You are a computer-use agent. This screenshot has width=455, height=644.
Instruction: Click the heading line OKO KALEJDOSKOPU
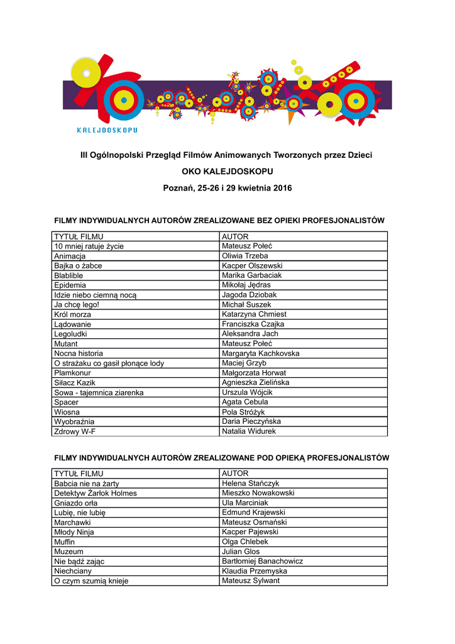(x=227, y=171)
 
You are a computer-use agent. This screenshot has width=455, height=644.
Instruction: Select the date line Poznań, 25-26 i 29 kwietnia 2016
(x=227, y=188)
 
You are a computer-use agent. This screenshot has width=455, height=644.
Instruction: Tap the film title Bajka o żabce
(x=78, y=266)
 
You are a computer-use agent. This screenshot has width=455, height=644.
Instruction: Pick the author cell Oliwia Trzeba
(x=245, y=256)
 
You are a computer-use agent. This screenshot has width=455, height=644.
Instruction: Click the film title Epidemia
(x=70, y=286)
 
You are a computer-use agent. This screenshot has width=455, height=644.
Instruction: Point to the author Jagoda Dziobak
(x=249, y=295)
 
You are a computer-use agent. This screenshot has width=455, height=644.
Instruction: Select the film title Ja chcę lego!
(x=77, y=305)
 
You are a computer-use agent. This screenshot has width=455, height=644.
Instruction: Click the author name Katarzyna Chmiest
(x=255, y=314)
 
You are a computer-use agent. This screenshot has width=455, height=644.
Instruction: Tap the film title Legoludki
(x=71, y=334)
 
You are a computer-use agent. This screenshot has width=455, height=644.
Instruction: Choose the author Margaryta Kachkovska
(x=261, y=353)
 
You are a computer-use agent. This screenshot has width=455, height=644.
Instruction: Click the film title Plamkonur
(x=72, y=373)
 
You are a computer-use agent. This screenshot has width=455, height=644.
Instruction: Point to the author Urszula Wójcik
(x=248, y=392)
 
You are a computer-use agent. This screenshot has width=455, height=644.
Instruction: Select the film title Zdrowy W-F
(x=75, y=431)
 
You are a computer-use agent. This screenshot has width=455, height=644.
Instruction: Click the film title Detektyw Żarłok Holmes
(x=96, y=493)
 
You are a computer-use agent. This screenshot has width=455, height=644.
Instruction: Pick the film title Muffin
(x=65, y=542)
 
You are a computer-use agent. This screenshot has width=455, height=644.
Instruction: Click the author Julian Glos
(x=241, y=552)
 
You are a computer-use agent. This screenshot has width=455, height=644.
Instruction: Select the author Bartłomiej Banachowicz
(x=263, y=561)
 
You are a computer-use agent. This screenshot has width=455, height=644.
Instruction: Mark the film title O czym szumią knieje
(x=91, y=581)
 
